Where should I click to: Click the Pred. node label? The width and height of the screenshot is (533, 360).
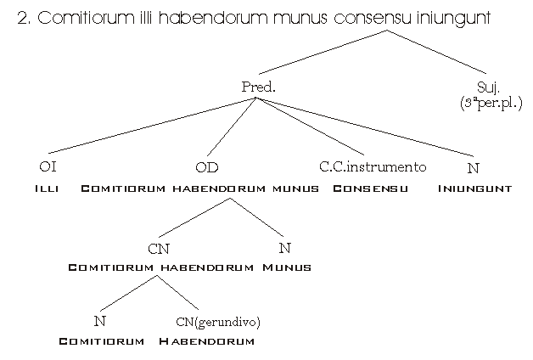(259, 87)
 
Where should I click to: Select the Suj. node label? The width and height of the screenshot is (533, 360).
(487, 87)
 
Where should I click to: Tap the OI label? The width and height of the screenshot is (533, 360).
(48, 166)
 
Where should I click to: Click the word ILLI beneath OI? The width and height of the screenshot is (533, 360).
(47, 188)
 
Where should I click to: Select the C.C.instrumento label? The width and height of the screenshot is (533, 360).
(372, 166)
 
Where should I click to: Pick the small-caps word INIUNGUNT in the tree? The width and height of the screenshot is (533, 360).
(474, 188)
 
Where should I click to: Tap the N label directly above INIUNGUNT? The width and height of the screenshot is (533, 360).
(473, 167)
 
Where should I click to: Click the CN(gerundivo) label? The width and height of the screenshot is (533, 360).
(217, 321)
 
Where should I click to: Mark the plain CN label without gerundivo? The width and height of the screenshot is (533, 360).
(158, 248)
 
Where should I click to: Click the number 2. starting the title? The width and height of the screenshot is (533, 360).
(25, 18)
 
